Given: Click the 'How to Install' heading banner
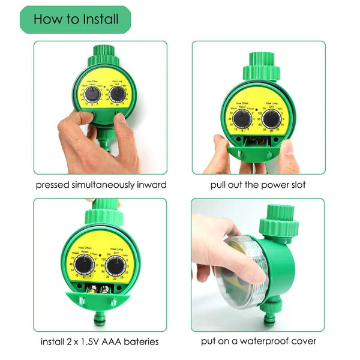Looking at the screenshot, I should coord(75,19).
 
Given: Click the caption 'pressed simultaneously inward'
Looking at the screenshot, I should coord(101,185).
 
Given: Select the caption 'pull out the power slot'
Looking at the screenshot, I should coord(258,185).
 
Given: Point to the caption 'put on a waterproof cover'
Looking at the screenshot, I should coord(259,341).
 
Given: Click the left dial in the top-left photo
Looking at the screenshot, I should coord(92,95).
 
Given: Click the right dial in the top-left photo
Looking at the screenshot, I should coord(118,94).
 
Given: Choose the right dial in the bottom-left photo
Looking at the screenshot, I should coord(116,265).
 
